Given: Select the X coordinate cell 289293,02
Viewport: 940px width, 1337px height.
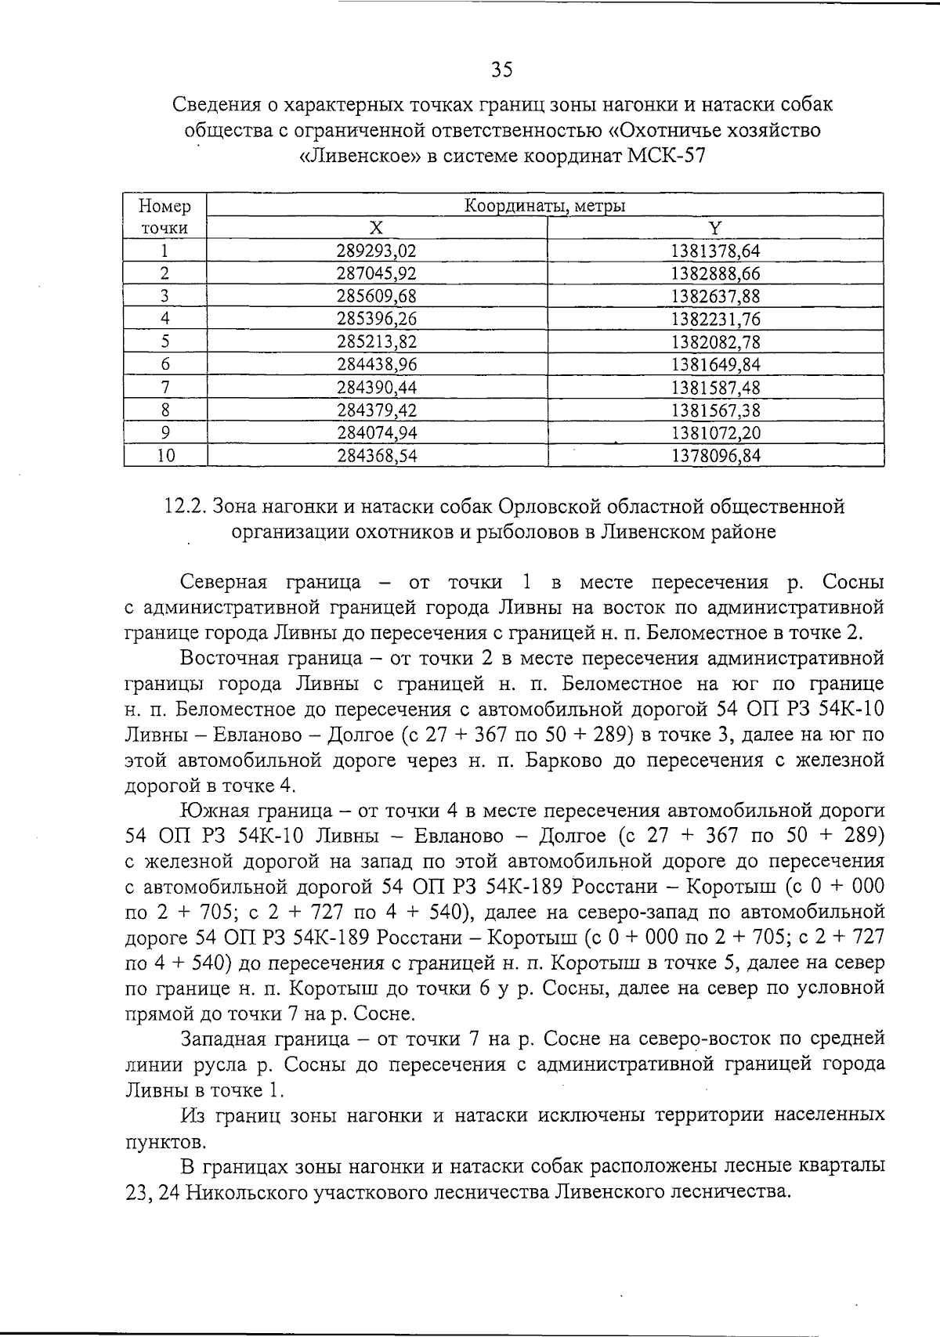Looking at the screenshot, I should click(377, 251).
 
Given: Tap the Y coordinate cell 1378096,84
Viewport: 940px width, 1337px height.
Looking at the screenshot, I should click(716, 456).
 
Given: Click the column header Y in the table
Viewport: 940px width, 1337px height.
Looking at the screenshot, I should click(714, 228).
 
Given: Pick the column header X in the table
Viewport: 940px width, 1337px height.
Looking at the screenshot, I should click(377, 228).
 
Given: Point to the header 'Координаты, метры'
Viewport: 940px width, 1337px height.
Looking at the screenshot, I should click(545, 207).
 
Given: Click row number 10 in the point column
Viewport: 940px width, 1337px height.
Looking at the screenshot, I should click(165, 456).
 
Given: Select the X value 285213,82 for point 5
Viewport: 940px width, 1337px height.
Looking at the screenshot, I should click(377, 342).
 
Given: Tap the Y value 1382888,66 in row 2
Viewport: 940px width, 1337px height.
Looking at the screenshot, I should click(716, 274).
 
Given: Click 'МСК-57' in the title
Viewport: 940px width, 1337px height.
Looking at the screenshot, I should click(667, 155).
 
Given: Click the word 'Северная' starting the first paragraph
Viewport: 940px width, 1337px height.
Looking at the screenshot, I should click(223, 583).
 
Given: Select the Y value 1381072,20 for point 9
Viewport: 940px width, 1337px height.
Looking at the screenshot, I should click(716, 433).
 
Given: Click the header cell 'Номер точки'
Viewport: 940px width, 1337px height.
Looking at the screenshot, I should click(165, 217).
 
